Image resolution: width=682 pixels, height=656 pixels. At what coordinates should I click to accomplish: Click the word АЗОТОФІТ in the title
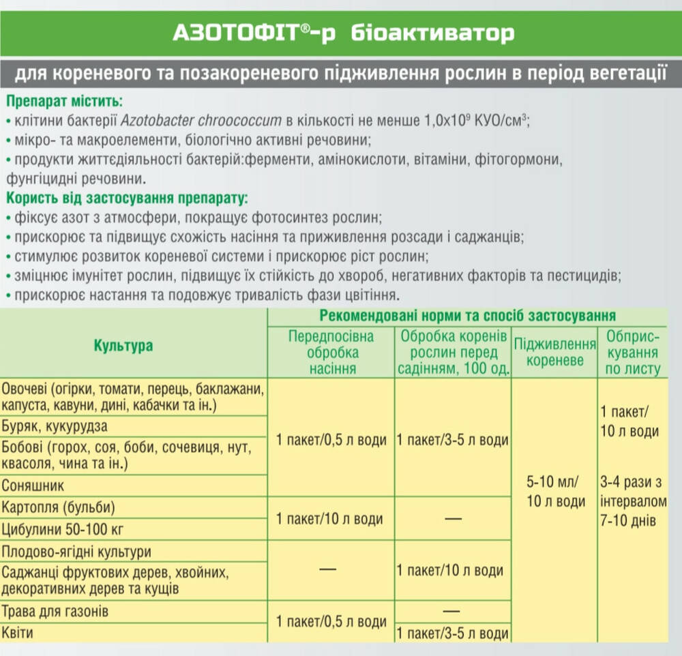(x=226, y=33)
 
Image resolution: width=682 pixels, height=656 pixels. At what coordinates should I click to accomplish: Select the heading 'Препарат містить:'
(x=63, y=102)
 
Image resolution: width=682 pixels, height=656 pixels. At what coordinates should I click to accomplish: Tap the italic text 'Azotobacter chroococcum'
(x=201, y=121)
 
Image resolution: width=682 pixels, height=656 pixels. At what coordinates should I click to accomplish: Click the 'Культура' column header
(x=123, y=346)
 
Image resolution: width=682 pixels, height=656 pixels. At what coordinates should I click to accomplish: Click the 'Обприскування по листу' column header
(x=632, y=353)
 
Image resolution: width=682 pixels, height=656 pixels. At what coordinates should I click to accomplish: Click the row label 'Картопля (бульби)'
(x=59, y=507)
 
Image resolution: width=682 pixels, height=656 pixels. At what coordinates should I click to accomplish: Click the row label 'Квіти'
(x=18, y=633)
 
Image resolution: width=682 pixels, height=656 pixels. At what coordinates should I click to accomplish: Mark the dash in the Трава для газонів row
(x=452, y=610)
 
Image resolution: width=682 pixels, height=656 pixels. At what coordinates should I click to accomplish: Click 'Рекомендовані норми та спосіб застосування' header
(x=467, y=316)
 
